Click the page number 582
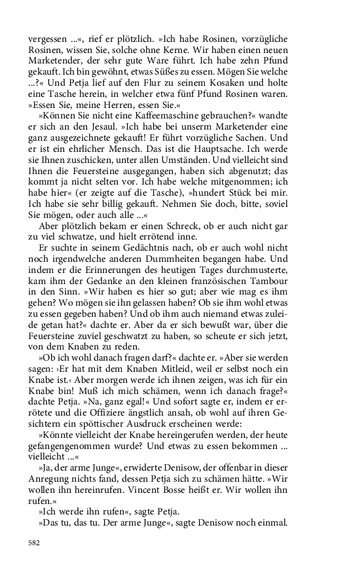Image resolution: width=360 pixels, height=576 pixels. [x=35, y=543]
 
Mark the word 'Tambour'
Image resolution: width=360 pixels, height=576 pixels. [x=269, y=289]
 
